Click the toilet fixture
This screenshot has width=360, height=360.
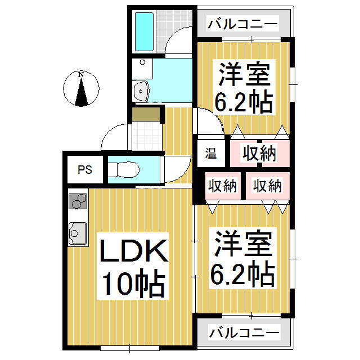[122, 170]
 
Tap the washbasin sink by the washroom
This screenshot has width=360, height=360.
[141, 90]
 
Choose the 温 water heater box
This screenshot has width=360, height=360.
[211, 153]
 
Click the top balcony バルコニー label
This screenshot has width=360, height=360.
[242, 24]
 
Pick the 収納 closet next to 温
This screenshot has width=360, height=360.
[260, 152]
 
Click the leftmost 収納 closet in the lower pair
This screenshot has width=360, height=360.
[222, 186]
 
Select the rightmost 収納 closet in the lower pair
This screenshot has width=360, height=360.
[267, 186]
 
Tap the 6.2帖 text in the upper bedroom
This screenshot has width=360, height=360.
[244, 102]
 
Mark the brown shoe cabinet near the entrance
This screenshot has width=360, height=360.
[146, 114]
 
